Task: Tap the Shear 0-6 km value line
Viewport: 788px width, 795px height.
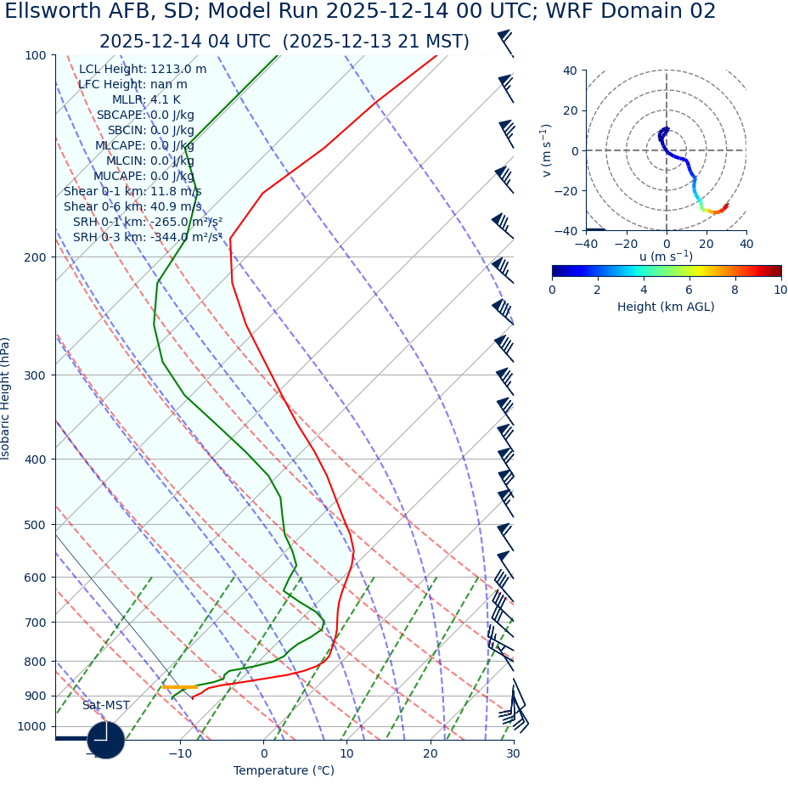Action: [x=132, y=207]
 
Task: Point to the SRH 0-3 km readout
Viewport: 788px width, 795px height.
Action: [x=147, y=238]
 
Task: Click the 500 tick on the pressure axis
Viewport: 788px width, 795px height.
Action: [x=35, y=525]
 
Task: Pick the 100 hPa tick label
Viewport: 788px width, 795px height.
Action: [x=35, y=55]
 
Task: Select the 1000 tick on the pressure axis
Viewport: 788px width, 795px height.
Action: [x=31, y=726]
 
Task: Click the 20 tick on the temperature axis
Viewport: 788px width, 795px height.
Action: [x=430, y=753]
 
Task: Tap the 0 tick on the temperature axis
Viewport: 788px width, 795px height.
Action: [x=263, y=753]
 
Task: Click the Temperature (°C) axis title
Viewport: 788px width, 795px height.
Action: [x=284, y=771]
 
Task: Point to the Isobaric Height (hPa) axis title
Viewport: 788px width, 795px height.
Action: [x=6, y=398]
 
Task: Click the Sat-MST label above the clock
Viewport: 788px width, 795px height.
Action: [x=106, y=706]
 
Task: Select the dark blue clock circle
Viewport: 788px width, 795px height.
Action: [x=106, y=740]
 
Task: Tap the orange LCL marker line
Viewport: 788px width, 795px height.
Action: [x=180, y=687]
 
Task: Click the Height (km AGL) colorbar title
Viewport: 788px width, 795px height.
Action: [x=666, y=307]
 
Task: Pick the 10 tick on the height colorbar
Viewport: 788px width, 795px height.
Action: [x=780, y=290]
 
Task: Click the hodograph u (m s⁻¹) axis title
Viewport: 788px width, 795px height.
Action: [x=666, y=257]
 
